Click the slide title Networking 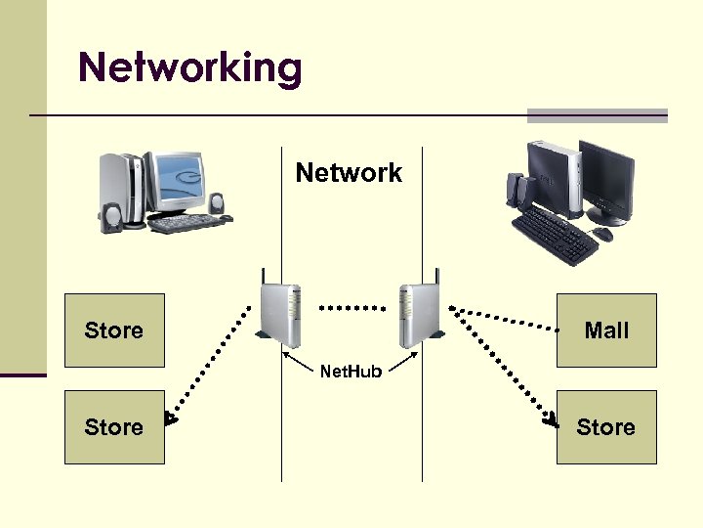(190, 67)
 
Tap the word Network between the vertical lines (349, 173)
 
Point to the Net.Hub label (351, 371)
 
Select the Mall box (606, 330)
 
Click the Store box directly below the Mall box (606, 427)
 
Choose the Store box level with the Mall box (114, 330)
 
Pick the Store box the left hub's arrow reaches (114, 427)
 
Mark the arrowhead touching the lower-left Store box (171, 419)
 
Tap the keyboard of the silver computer (186, 224)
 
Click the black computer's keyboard (554, 233)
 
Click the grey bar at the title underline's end (598, 115)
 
